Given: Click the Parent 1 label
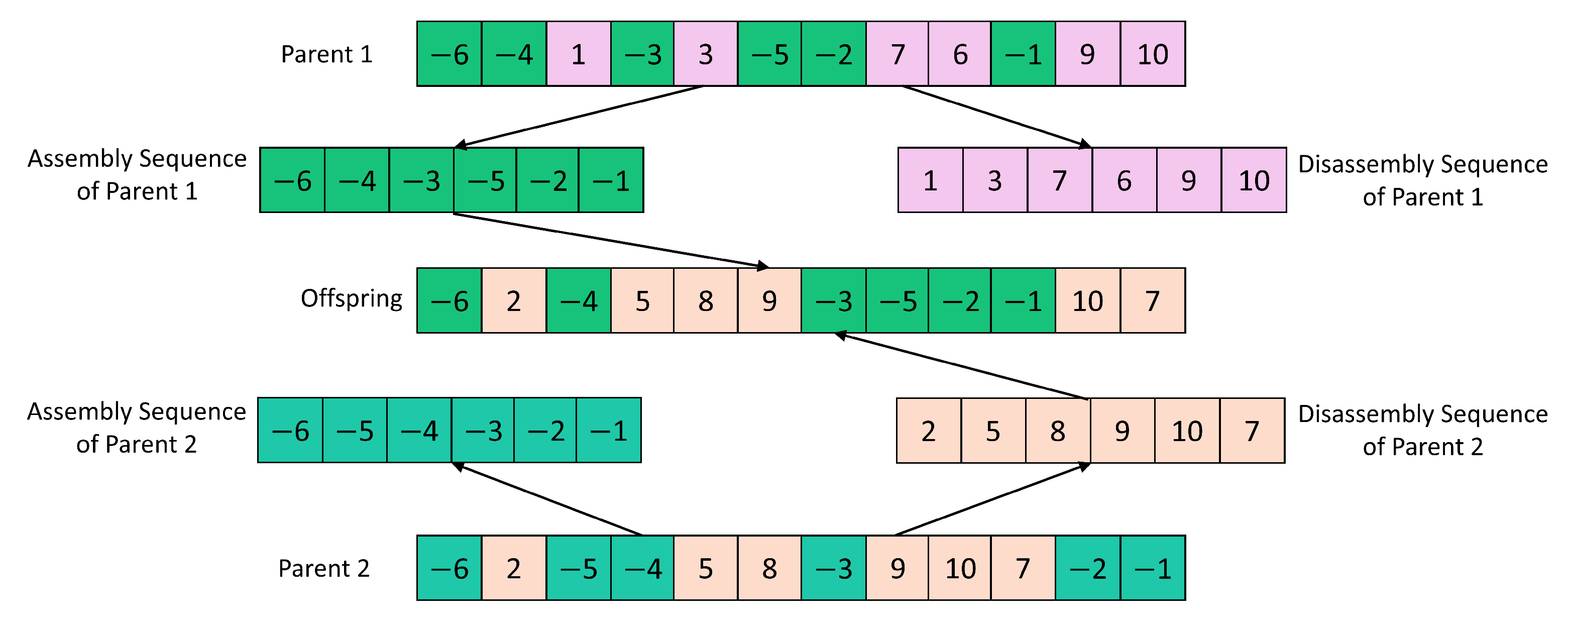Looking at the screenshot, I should click(326, 54).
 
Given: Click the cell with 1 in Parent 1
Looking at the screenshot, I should click(579, 54).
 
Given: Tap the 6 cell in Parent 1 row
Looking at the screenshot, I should click(960, 54).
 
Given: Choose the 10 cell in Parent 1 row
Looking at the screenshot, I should click(1153, 54).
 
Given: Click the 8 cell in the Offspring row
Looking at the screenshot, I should click(705, 300).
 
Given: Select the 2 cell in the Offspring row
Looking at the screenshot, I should click(514, 300).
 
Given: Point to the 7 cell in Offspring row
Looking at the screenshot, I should click(1153, 300).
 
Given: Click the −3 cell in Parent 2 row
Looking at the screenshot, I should click(833, 568).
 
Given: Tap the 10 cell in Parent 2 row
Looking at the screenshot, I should click(960, 568).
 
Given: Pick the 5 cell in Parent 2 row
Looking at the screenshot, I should click(705, 568).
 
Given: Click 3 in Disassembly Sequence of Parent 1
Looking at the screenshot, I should click(994, 180).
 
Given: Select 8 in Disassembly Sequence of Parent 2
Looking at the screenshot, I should click(1057, 431).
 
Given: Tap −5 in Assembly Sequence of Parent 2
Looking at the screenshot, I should click(355, 431).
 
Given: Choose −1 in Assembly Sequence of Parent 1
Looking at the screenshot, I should click(611, 180).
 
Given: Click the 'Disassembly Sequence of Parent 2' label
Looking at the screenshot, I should click(1422, 431).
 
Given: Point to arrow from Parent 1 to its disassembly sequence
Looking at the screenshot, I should click(996, 117).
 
